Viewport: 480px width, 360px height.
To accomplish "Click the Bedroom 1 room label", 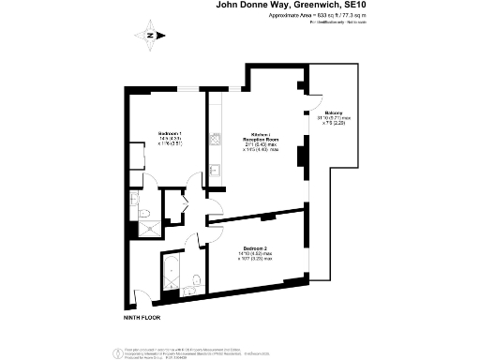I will click(x=169, y=134).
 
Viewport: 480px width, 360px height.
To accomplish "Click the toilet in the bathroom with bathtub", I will click(x=192, y=282).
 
